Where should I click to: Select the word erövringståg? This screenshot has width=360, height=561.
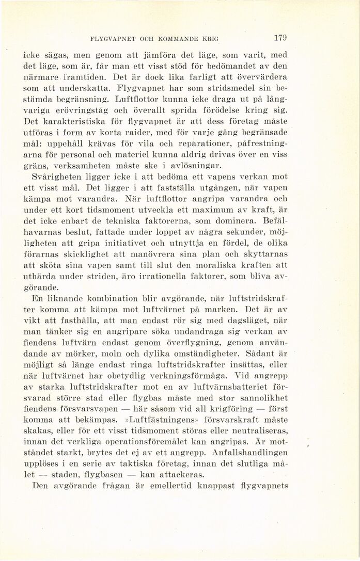click(x=75, y=110)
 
